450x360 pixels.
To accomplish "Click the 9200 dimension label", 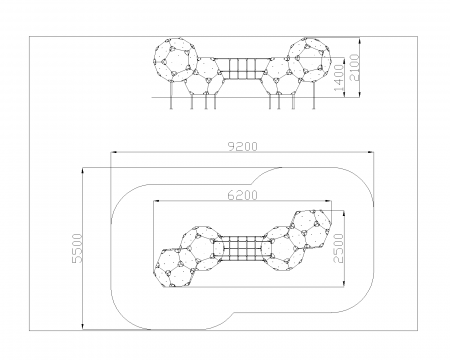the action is tap(243, 147).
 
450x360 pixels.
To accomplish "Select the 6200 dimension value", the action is tap(243, 195).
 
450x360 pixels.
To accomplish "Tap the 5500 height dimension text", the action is tap(77, 248).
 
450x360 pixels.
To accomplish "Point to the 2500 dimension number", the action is tap(338, 248).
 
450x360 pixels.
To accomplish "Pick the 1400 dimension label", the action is tap(338, 78).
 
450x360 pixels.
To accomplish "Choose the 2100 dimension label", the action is tap(354, 67).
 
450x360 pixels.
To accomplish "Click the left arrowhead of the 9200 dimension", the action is tap(114, 152).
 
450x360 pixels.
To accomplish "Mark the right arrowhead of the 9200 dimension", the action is tap(370, 152).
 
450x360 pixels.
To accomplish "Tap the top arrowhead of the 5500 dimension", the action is tap(83, 171).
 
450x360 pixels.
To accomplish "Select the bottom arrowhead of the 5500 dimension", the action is tap(83, 327).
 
